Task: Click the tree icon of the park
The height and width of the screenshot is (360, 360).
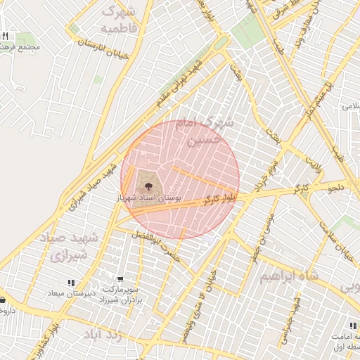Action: [x=148, y=186]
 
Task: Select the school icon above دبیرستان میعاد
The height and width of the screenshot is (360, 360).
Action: [x=70, y=283]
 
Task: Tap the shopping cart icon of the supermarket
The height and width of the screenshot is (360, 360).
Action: [x=120, y=278]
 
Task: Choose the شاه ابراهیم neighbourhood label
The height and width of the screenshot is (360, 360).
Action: [x=289, y=277]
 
